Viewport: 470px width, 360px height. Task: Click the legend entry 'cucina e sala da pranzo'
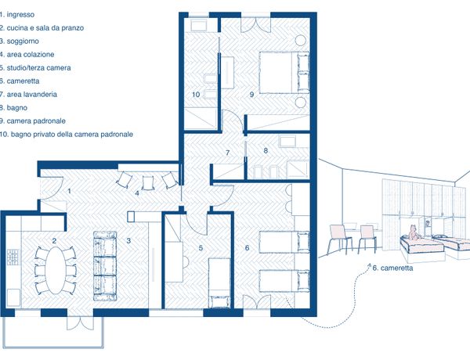tap(45, 28)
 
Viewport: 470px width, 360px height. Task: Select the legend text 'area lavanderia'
tap(32, 95)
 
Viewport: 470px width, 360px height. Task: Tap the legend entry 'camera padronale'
tap(36, 121)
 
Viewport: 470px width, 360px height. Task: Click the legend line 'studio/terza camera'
tap(38, 67)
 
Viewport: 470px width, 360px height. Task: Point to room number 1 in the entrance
tap(69, 191)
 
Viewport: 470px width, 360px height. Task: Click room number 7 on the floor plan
tap(227, 153)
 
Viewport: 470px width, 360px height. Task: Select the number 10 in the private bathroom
tap(196, 95)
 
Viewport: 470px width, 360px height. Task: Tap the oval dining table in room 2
tap(55, 271)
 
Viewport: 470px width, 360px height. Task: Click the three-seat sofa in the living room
tap(105, 266)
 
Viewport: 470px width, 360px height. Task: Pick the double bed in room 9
tap(284, 73)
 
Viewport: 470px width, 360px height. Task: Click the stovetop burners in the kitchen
tap(13, 257)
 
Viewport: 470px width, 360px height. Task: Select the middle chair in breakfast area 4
tap(147, 182)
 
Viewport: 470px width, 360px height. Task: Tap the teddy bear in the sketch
tap(413, 232)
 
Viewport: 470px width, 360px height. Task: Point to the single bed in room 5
tap(219, 283)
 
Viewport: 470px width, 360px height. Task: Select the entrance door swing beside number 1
tap(52, 188)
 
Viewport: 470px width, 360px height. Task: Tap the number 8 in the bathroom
tap(266, 150)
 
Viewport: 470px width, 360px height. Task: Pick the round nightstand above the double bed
tap(300, 40)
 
